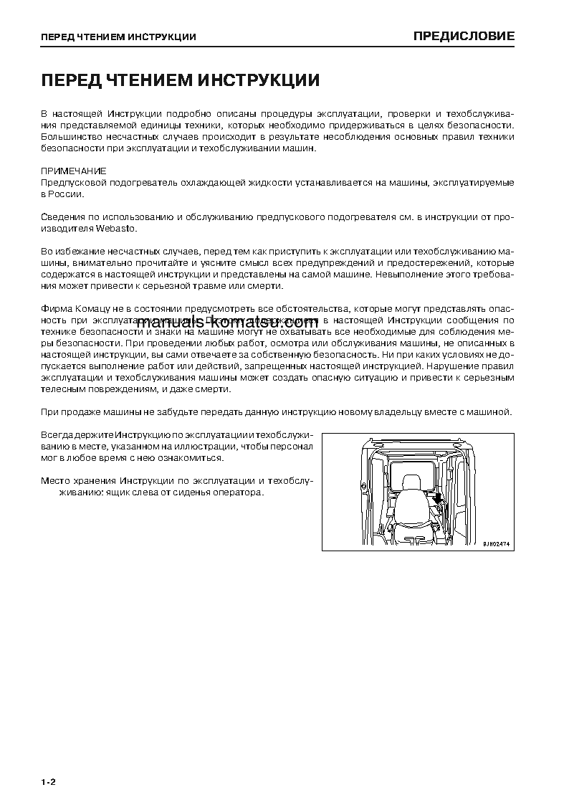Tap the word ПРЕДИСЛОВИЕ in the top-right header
[x=464, y=36]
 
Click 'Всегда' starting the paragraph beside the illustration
[x=57, y=434]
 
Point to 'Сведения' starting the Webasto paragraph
[x=61, y=217]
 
